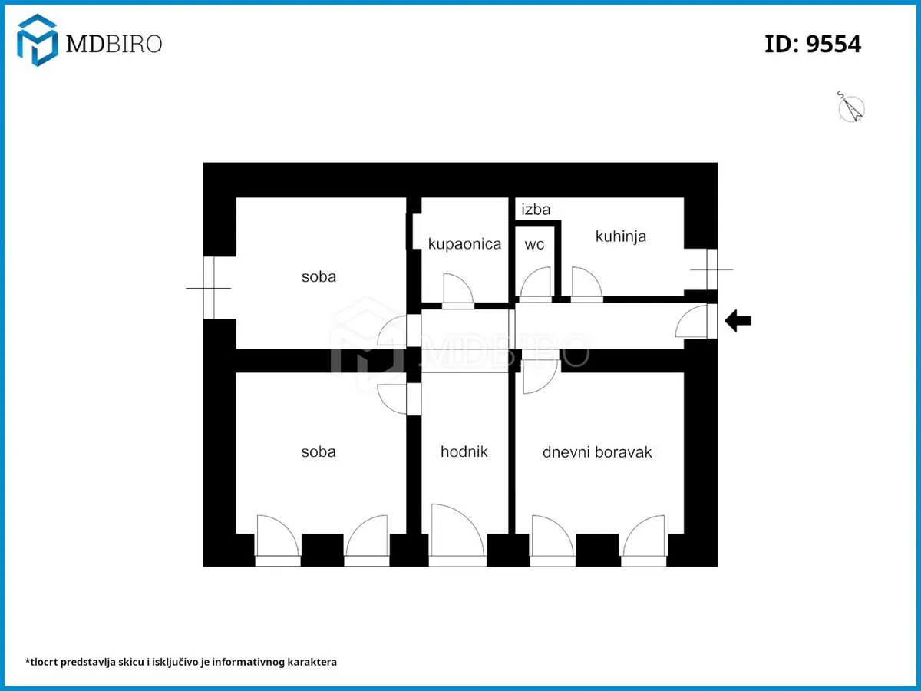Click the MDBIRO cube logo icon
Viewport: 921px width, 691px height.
37,40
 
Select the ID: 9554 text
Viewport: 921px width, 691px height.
813,44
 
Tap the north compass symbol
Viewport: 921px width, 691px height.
851,107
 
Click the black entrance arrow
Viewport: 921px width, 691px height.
738,321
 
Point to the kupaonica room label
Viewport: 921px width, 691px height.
464,243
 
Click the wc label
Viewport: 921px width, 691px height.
534,244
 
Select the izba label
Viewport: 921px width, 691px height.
536,209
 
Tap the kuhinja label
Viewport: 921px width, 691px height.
621,236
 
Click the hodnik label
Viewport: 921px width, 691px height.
464,451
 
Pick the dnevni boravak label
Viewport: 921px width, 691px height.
597,452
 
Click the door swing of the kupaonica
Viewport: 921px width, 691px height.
458,289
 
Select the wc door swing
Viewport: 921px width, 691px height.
536,282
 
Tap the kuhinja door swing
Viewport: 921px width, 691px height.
587,282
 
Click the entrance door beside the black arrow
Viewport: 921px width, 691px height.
692,322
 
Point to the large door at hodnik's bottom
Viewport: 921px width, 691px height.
457,531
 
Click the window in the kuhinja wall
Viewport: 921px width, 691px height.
711,269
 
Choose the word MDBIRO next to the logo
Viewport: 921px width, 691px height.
114,44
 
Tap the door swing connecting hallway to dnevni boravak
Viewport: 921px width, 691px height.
541,377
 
